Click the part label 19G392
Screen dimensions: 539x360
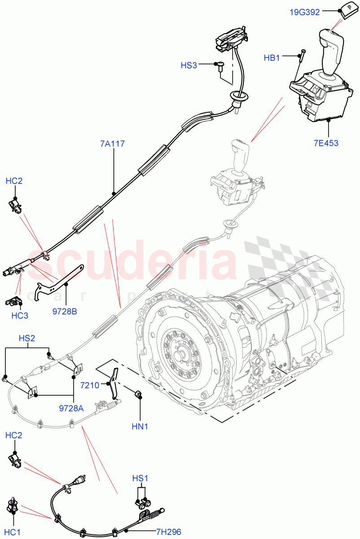[305, 12]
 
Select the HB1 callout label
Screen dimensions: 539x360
[272, 58]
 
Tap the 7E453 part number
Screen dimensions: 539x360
[326, 143]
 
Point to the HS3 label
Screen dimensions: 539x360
[189, 66]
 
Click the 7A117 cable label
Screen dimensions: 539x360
[113, 144]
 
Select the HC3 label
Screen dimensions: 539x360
[20, 315]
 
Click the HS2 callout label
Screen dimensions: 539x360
[27, 338]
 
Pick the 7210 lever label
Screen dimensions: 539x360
[90, 385]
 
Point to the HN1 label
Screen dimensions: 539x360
[140, 426]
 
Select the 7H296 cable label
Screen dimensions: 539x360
[168, 532]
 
